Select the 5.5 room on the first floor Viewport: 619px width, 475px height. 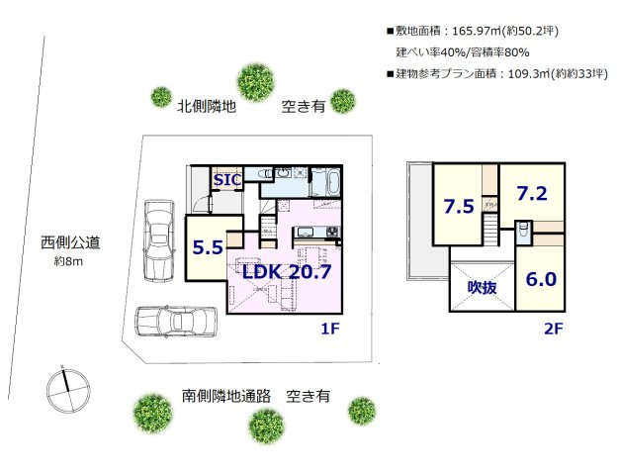tap(208, 248)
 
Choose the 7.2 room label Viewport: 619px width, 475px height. tap(531, 193)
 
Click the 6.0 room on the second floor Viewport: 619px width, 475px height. tap(541, 279)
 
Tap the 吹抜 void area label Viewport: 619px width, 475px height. tap(482, 288)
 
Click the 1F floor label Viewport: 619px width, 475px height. tap(330, 331)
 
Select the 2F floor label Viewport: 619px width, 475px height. tap(553, 331)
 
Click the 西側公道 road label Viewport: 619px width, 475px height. tap(70, 242)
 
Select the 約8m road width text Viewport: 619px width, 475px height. tap(70, 262)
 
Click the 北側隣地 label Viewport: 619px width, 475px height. tap(207, 104)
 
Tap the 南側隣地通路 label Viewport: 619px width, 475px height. tap(226, 396)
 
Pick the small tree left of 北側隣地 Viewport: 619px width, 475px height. tap(161, 96)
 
